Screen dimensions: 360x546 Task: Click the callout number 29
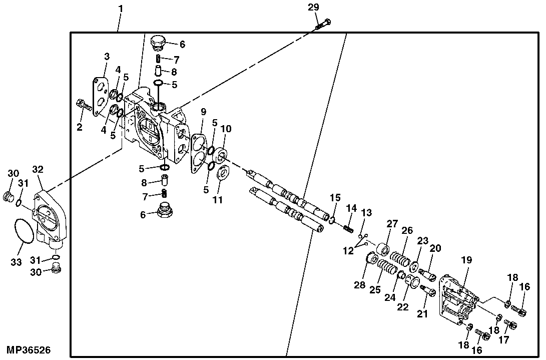[313, 8]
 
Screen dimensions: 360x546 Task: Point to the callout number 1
[120, 9]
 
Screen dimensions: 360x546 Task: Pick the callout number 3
[107, 56]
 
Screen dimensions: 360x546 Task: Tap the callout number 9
[203, 112]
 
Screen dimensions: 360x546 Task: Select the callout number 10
[226, 129]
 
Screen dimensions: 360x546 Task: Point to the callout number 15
[335, 197]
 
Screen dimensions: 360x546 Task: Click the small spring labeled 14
[349, 228]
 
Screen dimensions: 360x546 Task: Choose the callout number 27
[391, 223]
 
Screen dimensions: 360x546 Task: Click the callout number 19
[466, 260]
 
